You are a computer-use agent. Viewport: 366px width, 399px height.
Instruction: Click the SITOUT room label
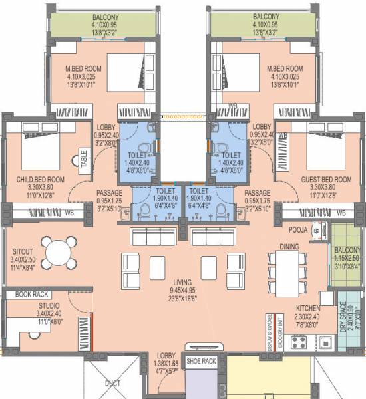[x=18, y=252]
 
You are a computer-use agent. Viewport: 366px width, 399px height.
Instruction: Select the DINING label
[x=289, y=246]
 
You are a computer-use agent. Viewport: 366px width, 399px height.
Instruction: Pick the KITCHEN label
[x=309, y=309]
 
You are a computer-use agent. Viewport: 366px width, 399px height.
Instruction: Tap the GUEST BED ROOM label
[x=325, y=180]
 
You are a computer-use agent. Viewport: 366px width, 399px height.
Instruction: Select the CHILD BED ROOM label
[x=39, y=179]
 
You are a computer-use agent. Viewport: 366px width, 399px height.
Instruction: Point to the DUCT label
[x=112, y=383]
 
